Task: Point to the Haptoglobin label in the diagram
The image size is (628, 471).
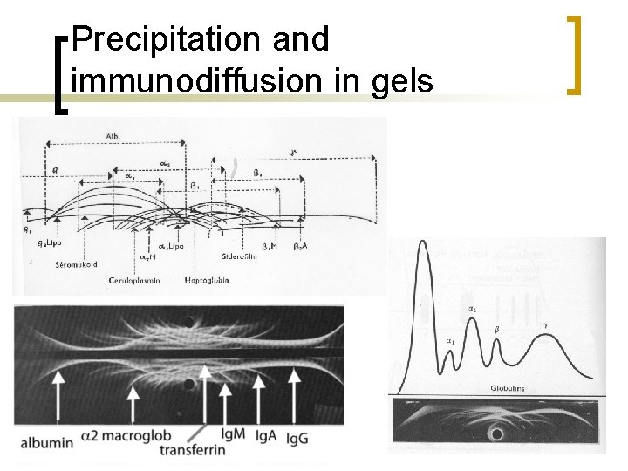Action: click(208, 280)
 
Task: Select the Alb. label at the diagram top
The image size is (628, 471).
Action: click(113, 138)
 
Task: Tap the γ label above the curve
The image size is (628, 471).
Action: click(546, 324)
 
